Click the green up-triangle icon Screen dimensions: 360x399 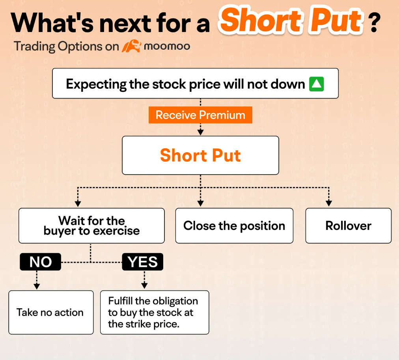316,84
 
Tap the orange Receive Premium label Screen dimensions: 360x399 200,115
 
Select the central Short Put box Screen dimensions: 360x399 200,155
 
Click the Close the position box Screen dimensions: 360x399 234,226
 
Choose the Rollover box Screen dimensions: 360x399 348,226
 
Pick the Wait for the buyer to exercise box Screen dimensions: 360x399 91,226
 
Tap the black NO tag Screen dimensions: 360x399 41,262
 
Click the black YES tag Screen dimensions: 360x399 142,262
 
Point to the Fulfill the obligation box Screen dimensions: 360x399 154,312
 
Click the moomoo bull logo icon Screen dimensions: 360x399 131,47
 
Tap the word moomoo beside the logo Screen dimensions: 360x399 167,47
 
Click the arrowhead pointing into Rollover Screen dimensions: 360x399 329,203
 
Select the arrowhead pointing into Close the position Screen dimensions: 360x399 201,203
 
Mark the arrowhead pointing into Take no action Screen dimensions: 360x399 37,286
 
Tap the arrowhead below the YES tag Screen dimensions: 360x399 144,286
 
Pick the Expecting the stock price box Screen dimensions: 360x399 195,84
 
